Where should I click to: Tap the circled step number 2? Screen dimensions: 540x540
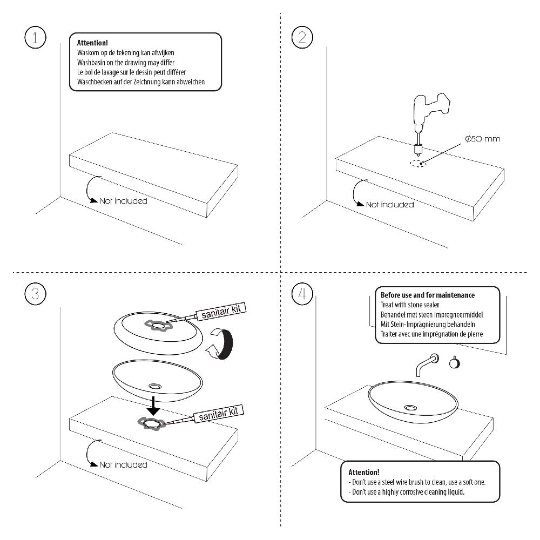302,37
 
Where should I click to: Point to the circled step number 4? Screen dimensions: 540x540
302,294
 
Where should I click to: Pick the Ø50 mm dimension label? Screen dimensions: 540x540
482,139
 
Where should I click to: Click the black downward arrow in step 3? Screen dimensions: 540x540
154,404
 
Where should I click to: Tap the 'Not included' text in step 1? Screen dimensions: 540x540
123,201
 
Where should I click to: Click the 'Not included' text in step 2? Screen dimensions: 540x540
390,205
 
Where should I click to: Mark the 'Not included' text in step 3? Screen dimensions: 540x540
123,464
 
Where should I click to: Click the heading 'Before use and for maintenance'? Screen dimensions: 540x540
428,295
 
